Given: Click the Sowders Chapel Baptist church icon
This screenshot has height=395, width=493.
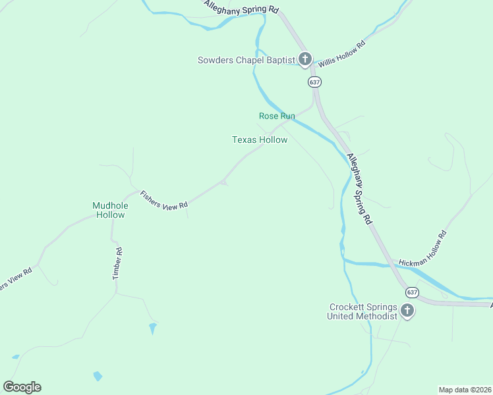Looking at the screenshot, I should coord(304,60).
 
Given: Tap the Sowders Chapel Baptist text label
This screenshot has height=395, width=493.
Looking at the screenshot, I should coord(246,61).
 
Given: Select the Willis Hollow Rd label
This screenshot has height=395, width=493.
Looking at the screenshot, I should coord(342,55).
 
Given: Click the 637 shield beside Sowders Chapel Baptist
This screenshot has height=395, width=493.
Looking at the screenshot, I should coord(314,82).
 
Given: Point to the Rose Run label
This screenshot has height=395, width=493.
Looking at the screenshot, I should coord(277,116).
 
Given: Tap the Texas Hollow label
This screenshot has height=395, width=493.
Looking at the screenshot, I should coord(260,140).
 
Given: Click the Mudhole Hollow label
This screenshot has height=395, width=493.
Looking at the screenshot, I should coord(109,210).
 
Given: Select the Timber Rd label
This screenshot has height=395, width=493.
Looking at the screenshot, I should coord(118,264).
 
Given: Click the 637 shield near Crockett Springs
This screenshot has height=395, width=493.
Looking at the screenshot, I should coord(412,292).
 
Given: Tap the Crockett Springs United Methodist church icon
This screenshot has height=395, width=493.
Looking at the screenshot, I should coord(407,311).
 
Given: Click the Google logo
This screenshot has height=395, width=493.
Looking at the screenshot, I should coord(22,387).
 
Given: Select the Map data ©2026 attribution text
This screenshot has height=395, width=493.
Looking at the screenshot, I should coord(465,390).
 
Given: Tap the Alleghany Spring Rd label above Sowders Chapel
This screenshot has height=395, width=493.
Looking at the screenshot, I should coord(241,8).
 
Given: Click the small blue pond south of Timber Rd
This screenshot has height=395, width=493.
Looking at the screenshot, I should coord(153,327).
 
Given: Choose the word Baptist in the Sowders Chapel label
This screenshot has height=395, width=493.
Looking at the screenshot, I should coord(281,61).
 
